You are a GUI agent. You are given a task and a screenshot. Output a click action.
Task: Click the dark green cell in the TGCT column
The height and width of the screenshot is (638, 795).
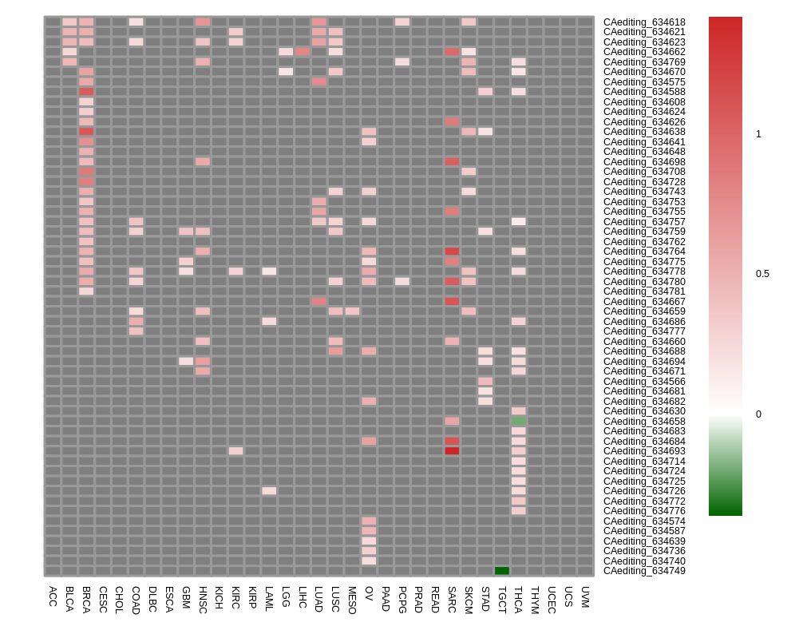pos(502,571)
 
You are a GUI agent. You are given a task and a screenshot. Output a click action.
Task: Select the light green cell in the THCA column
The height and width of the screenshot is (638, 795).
pos(519,421)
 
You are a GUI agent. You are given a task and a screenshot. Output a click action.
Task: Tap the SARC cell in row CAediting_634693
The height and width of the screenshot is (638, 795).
pos(452,451)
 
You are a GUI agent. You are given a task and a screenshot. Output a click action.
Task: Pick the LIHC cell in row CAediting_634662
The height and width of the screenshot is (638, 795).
pos(303,52)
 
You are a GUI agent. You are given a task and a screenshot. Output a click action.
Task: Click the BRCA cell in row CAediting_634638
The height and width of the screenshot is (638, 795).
pos(86,132)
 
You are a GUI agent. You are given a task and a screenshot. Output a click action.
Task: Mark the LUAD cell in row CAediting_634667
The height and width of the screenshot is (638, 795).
pos(319,301)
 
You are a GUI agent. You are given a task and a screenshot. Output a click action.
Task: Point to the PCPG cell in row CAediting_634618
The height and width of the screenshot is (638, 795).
pos(402,22)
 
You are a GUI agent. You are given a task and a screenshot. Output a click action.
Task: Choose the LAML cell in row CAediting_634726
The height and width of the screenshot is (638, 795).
pos(269,491)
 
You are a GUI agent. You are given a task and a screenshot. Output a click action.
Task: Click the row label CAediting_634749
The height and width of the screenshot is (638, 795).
pos(644,571)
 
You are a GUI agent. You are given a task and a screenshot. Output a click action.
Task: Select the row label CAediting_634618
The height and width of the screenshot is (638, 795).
pos(644,22)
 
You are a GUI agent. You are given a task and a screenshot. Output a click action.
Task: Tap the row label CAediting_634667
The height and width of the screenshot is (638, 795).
pos(644,302)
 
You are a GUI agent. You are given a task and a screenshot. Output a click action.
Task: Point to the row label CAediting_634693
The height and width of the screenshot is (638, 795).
pos(644,451)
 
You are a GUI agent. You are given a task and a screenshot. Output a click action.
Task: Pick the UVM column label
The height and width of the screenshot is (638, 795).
pos(585,597)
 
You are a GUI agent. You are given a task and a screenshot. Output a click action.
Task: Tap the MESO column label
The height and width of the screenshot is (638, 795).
pos(352,601)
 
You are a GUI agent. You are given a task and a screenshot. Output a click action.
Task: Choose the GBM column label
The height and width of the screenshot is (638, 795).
pos(186,598)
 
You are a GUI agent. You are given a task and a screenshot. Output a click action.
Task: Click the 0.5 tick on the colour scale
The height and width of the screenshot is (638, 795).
pos(762,274)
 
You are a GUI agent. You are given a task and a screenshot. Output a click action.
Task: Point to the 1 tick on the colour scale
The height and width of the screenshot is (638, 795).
pos(758,134)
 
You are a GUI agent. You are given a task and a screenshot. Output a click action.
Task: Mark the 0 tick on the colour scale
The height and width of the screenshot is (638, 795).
pos(758,414)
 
